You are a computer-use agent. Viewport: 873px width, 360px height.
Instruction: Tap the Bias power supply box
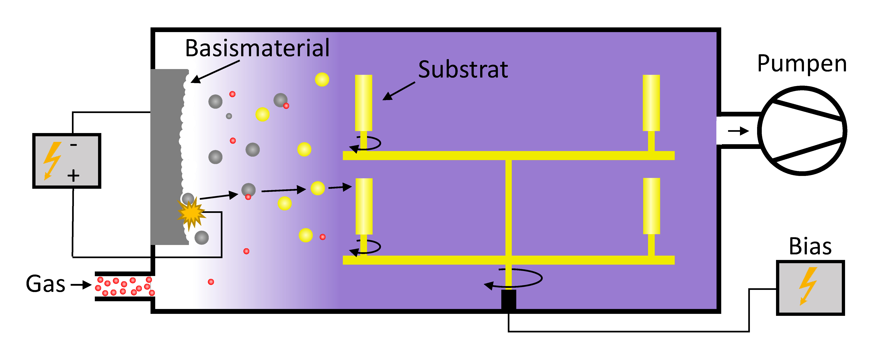point(810,288)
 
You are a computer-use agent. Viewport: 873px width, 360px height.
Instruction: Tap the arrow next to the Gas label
point(81,285)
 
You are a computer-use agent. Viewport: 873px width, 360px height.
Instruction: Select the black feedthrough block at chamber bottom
point(508,299)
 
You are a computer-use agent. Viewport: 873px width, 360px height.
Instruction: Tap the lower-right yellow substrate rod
point(651,206)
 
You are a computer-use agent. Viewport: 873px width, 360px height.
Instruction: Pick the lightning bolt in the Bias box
point(808,286)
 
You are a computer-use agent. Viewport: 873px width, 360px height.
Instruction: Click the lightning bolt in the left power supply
point(52,160)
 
